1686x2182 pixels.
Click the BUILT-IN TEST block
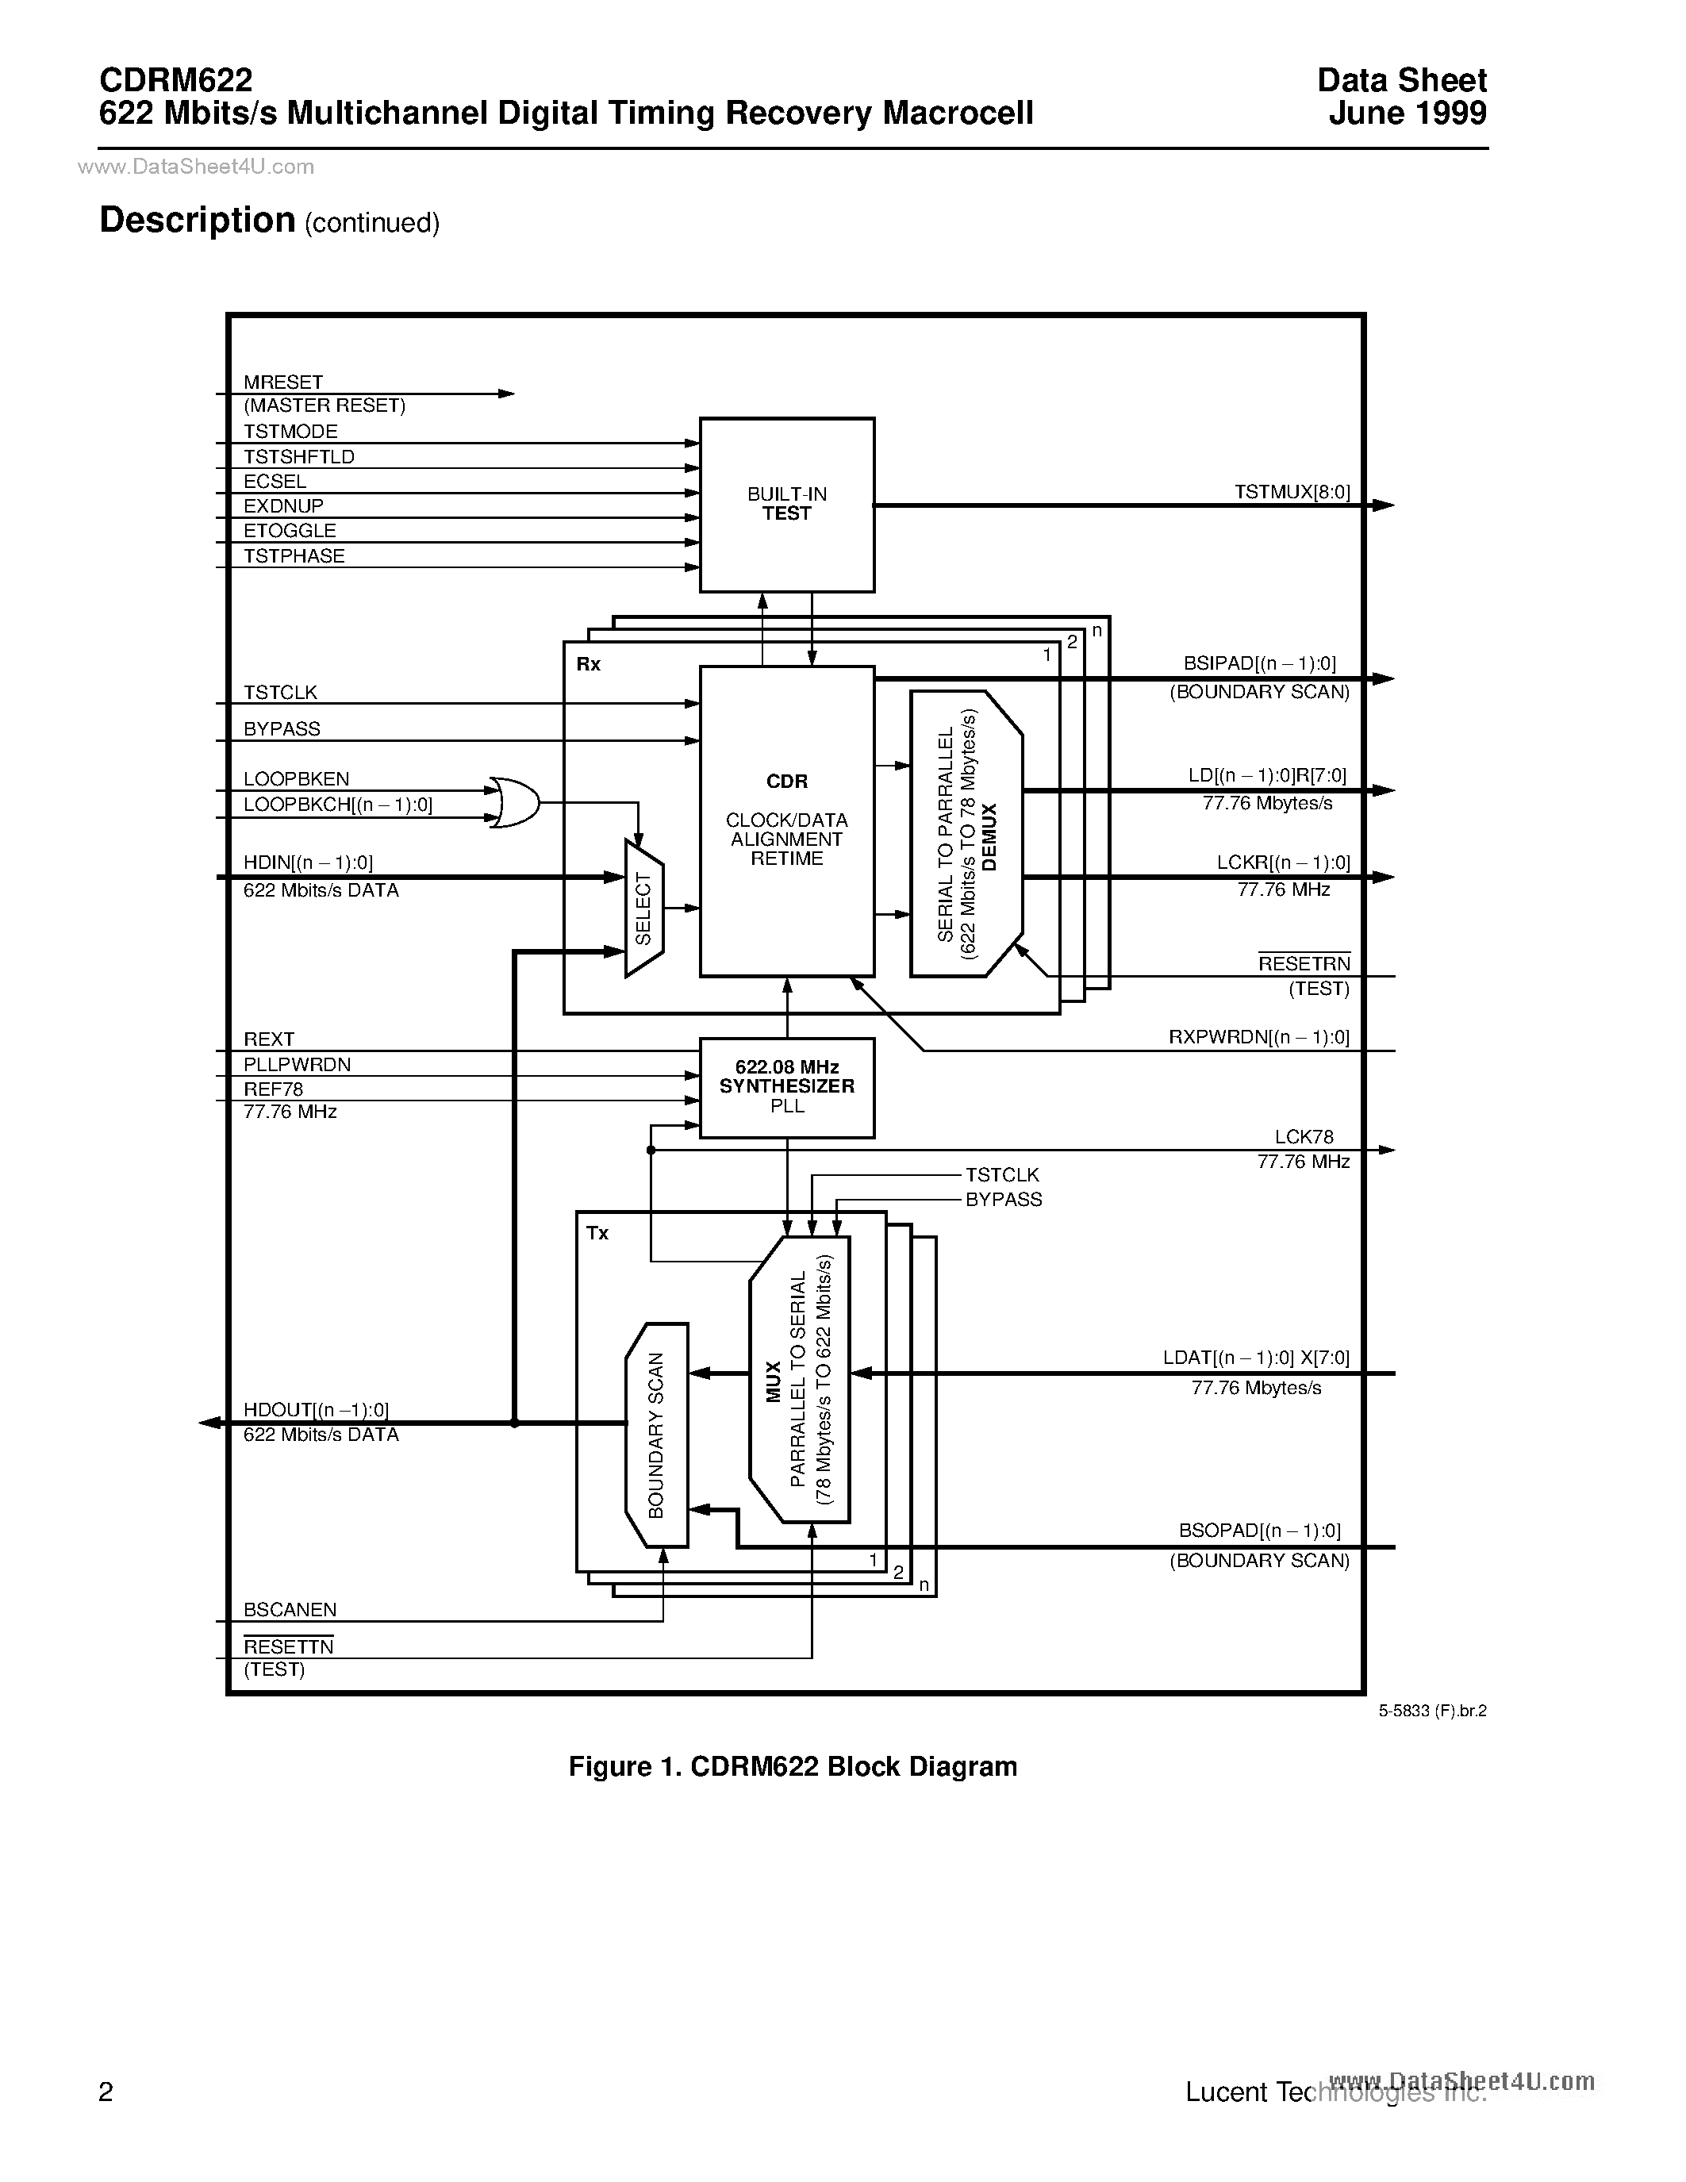[x=786, y=505]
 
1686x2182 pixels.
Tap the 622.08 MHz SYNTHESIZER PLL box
[x=786, y=1087]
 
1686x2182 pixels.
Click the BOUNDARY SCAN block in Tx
[x=656, y=1435]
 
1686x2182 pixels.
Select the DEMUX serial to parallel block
[x=966, y=833]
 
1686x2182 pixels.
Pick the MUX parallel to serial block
[x=799, y=1379]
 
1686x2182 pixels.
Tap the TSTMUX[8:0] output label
[x=1292, y=492]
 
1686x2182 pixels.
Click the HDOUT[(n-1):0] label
[x=316, y=1408]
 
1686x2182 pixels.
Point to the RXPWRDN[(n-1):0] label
[x=1258, y=1037]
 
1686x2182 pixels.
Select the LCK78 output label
[x=1304, y=1137]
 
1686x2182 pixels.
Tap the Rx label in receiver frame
[x=588, y=664]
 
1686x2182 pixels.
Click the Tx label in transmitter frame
[x=597, y=1233]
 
